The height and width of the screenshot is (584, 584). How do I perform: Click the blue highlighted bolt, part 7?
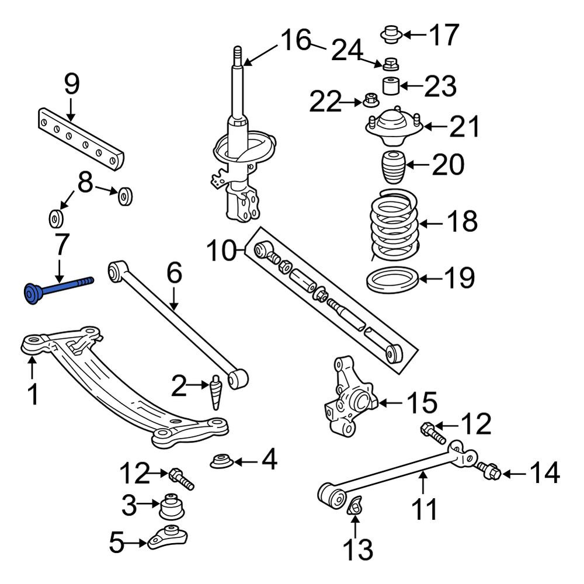pos(56,288)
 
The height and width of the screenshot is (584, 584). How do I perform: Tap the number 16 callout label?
pos(296,40)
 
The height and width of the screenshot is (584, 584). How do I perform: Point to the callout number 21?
pos(464,127)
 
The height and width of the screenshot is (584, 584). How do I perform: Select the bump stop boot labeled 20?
pos(393,167)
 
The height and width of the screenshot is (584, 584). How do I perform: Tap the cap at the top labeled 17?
pos(391,34)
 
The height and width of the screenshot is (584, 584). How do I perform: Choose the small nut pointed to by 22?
pos(369,100)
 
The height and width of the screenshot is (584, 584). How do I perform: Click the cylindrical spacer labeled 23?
pos(391,86)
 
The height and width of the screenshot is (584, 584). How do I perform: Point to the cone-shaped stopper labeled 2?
pos(215,392)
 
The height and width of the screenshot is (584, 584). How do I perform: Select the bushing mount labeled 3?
pos(172,506)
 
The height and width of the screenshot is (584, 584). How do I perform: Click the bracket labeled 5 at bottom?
pos(167,537)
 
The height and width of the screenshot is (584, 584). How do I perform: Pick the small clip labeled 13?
pos(354,505)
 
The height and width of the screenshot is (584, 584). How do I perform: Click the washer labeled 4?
pos(222,461)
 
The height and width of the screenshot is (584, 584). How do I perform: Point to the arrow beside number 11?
pos(423,482)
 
